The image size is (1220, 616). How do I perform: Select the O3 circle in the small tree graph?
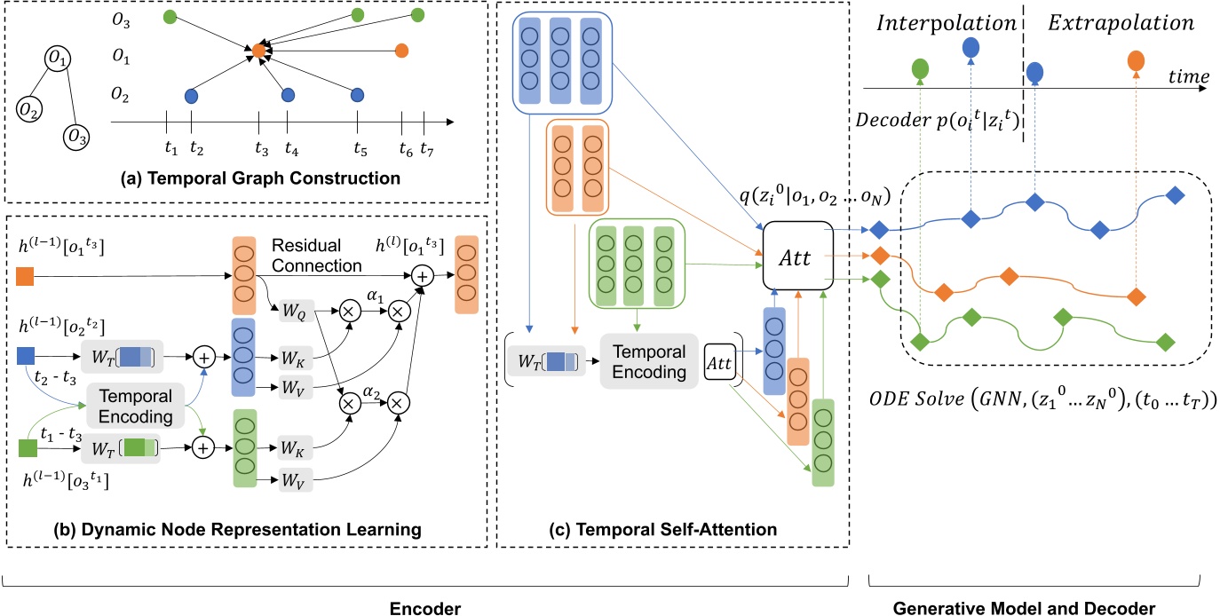(x=75, y=138)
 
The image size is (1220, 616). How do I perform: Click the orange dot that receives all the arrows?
(x=258, y=52)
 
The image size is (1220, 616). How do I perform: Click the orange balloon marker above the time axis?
(x=1136, y=61)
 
